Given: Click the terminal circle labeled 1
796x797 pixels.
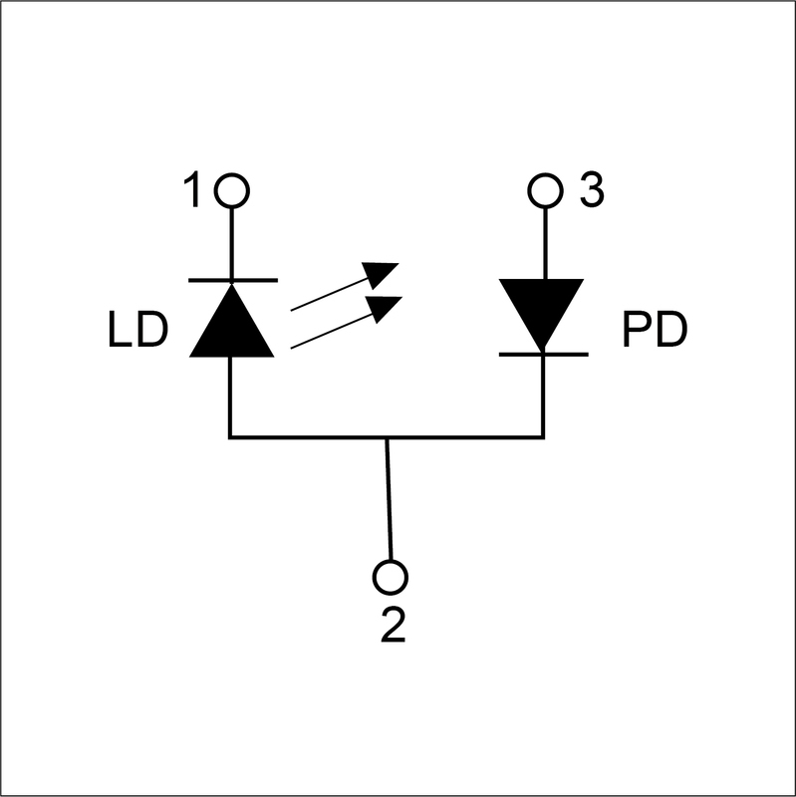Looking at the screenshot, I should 232,189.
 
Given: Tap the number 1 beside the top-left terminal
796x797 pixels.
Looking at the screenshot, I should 196,190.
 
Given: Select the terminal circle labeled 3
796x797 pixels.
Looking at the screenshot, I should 544,189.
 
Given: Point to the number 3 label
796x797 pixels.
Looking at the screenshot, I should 591,190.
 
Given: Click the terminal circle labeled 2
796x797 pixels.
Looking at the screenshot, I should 391,577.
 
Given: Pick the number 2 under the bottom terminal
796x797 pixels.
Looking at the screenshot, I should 394,626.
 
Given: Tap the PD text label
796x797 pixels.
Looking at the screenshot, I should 655,332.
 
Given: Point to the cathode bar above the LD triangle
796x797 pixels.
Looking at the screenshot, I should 231,279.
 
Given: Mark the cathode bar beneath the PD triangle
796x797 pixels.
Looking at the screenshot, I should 543,352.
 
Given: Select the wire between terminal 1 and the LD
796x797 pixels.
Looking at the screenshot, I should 232,239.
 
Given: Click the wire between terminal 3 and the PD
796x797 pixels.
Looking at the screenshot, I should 544,239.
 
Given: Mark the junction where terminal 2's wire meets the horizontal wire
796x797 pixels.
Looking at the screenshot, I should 387,436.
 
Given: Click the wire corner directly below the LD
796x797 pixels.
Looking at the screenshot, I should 231,436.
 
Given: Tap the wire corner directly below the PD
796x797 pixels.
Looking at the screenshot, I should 543,436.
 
